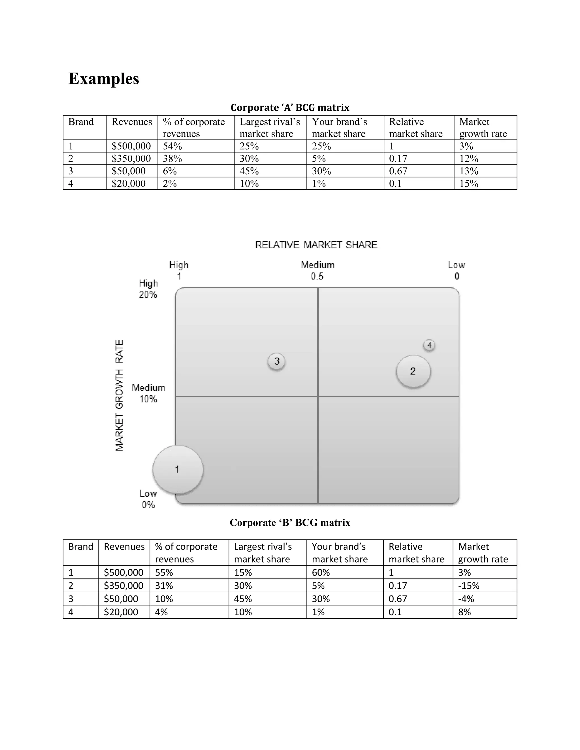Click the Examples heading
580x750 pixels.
pyautogui.click(x=104, y=79)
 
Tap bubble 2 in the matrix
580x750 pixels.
pyautogui.click(x=413, y=371)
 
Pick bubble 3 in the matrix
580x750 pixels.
pyautogui.click(x=277, y=361)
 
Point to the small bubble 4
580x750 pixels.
pyautogui.click(x=429, y=345)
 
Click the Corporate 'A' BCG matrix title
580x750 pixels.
pyautogui.click(x=290, y=108)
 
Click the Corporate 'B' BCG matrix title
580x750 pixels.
pyautogui.click(x=290, y=522)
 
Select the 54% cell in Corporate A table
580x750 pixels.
pyautogui.click(x=172, y=146)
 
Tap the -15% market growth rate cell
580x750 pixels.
pyautogui.click(x=469, y=586)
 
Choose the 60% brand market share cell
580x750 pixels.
pyautogui.click(x=321, y=573)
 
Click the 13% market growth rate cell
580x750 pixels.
pyautogui.click(x=469, y=171)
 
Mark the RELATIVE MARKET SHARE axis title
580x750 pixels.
pyautogui.click(x=316, y=245)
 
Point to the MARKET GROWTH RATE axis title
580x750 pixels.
pyautogui.click(x=119, y=395)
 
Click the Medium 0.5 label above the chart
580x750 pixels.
pyautogui.click(x=317, y=271)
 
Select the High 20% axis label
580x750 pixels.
pyautogui.click(x=148, y=289)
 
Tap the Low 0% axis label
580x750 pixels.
pyautogui.click(x=148, y=499)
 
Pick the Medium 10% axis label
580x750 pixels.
pyautogui.click(x=148, y=393)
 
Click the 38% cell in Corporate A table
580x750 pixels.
pyautogui.click(x=172, y=159)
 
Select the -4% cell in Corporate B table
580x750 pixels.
pyautogui.click(x=466, y=599)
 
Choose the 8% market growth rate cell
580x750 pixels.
pyautogui.click(x=464, y=612)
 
